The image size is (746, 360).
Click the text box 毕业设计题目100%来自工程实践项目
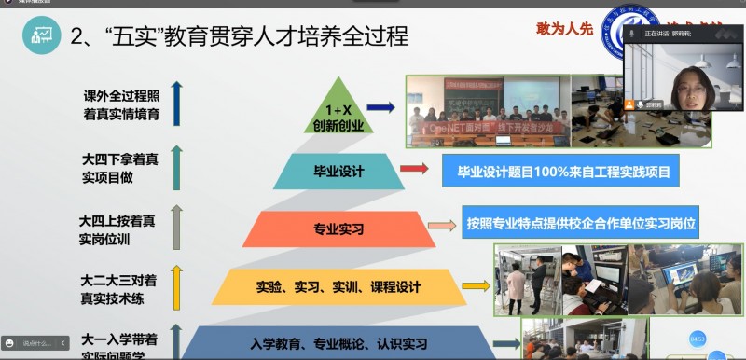point(555,172)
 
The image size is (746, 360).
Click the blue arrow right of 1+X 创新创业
point(381,110)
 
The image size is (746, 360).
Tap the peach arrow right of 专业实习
point(441,225)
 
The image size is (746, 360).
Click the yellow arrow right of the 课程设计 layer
point(475,285)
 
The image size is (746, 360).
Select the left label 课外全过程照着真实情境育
point(120,104)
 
